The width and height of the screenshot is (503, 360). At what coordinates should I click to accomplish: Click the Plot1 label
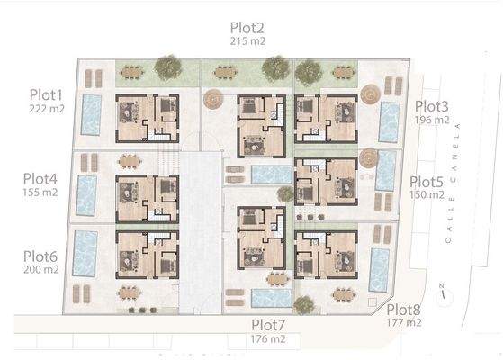[46, 94]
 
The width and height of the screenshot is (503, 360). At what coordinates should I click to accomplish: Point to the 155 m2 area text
[41, 192]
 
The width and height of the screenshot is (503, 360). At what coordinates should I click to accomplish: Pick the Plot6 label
[40, 256]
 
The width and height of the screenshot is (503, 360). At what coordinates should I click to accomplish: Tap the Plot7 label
[269, 325]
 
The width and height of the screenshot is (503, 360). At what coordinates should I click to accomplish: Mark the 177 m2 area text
[403, 321]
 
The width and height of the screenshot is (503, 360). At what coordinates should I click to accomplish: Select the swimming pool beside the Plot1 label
[91, 113]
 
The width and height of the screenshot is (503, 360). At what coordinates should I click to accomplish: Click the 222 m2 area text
[46, 107]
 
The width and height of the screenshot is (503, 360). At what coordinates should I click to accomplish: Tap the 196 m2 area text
[432, 119]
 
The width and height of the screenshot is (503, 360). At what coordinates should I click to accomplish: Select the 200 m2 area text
[41, 268]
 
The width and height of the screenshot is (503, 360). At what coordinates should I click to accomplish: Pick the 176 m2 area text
[268, 338]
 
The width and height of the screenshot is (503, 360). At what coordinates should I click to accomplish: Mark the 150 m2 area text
[427, 193]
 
